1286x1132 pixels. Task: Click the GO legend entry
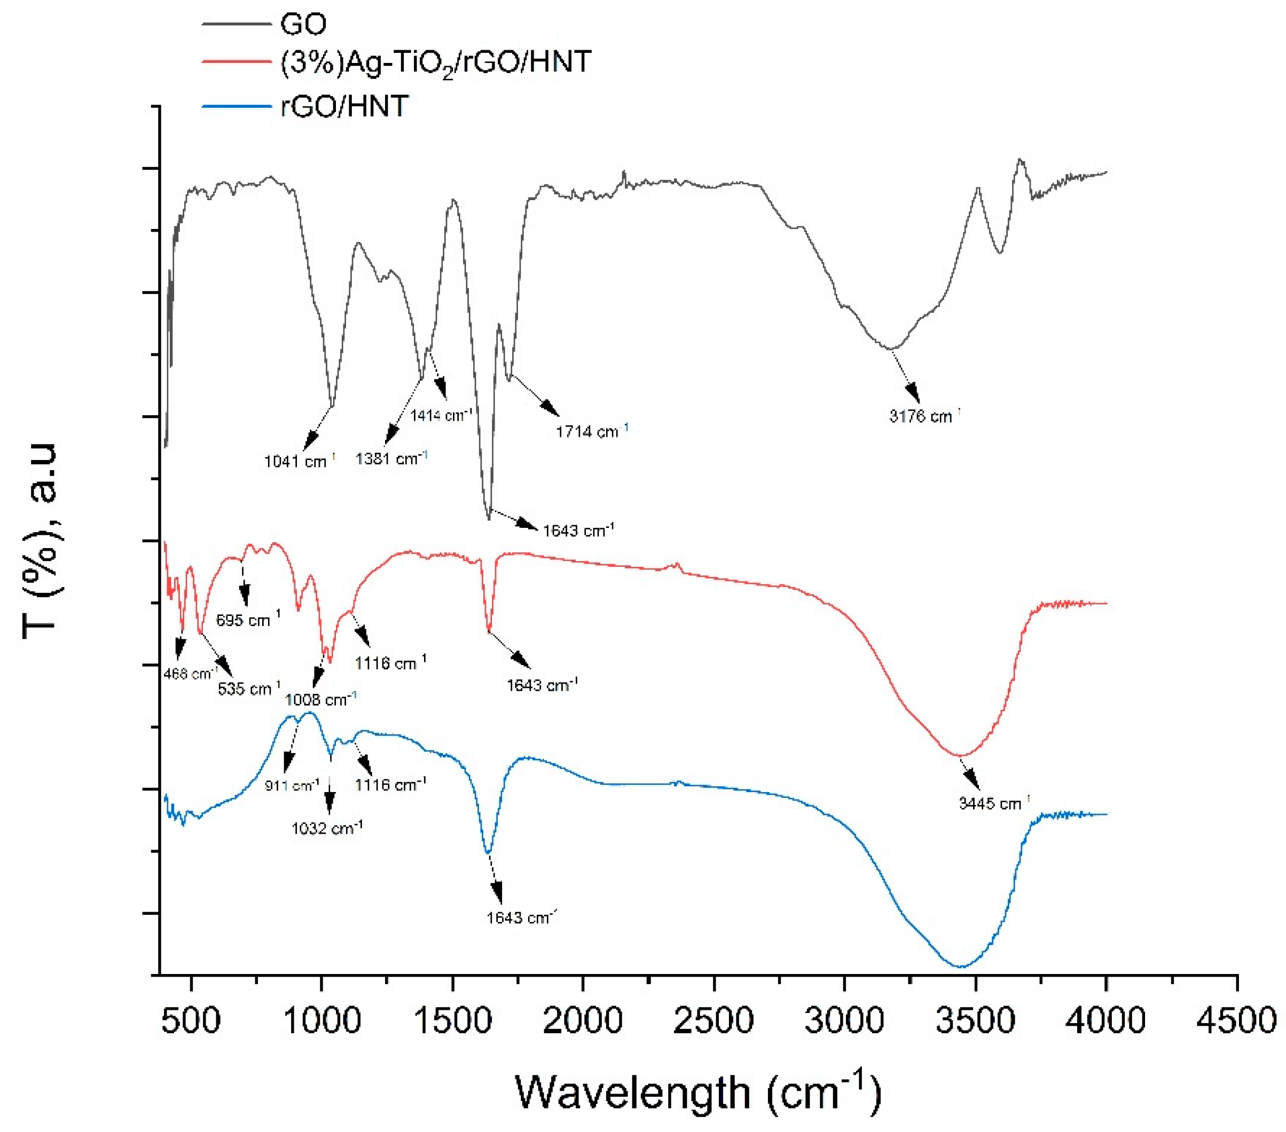[303, 25]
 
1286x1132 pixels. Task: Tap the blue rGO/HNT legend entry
[344, 106]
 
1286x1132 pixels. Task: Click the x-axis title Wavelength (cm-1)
[699, 1093]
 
